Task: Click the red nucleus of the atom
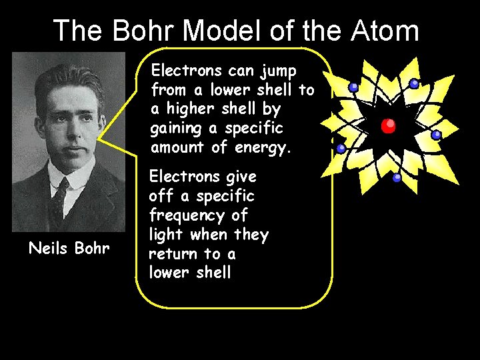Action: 388,125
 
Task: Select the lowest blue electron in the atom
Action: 397,178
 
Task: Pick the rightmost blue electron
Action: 436,135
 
